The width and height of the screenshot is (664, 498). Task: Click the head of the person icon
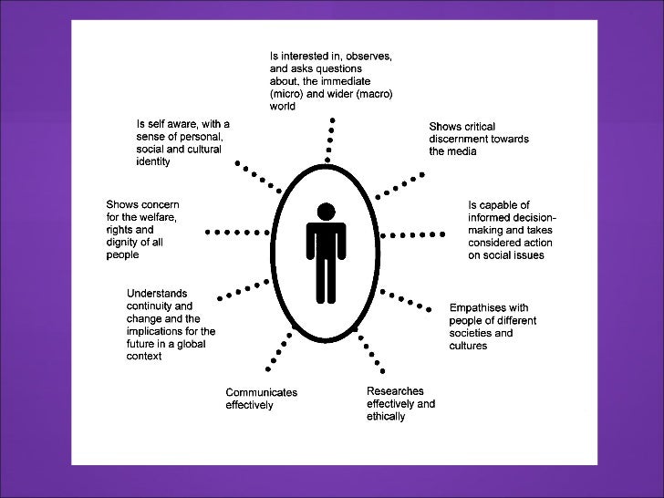click(325, 212)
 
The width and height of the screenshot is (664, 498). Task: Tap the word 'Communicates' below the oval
click(262, 392)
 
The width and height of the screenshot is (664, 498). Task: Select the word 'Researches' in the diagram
click(395, 390)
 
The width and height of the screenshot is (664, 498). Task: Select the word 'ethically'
click(387, 416)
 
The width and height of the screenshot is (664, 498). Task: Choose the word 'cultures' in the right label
click(468, 346)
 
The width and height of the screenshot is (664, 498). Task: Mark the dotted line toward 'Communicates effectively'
click(279, 350)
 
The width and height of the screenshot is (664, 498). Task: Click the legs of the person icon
click(325, 278)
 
